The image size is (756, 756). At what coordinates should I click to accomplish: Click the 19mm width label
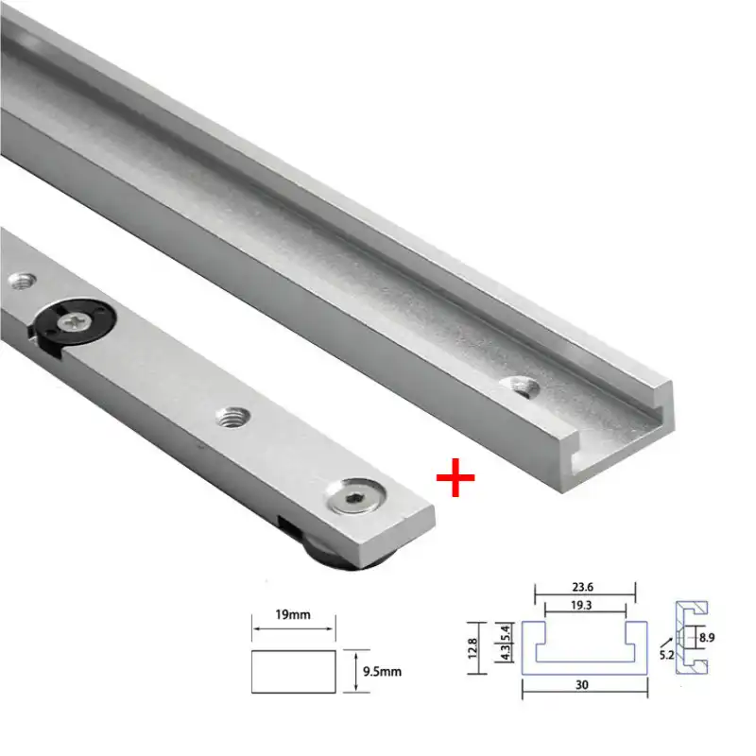293,615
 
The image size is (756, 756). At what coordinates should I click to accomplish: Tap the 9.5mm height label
382,672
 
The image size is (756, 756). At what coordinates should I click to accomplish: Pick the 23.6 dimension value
582,585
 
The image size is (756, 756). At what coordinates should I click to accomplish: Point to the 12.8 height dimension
482,647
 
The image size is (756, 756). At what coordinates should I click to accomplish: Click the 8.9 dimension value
707,639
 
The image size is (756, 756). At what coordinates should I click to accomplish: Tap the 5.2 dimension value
666,655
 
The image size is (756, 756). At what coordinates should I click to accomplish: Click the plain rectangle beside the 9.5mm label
293,671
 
